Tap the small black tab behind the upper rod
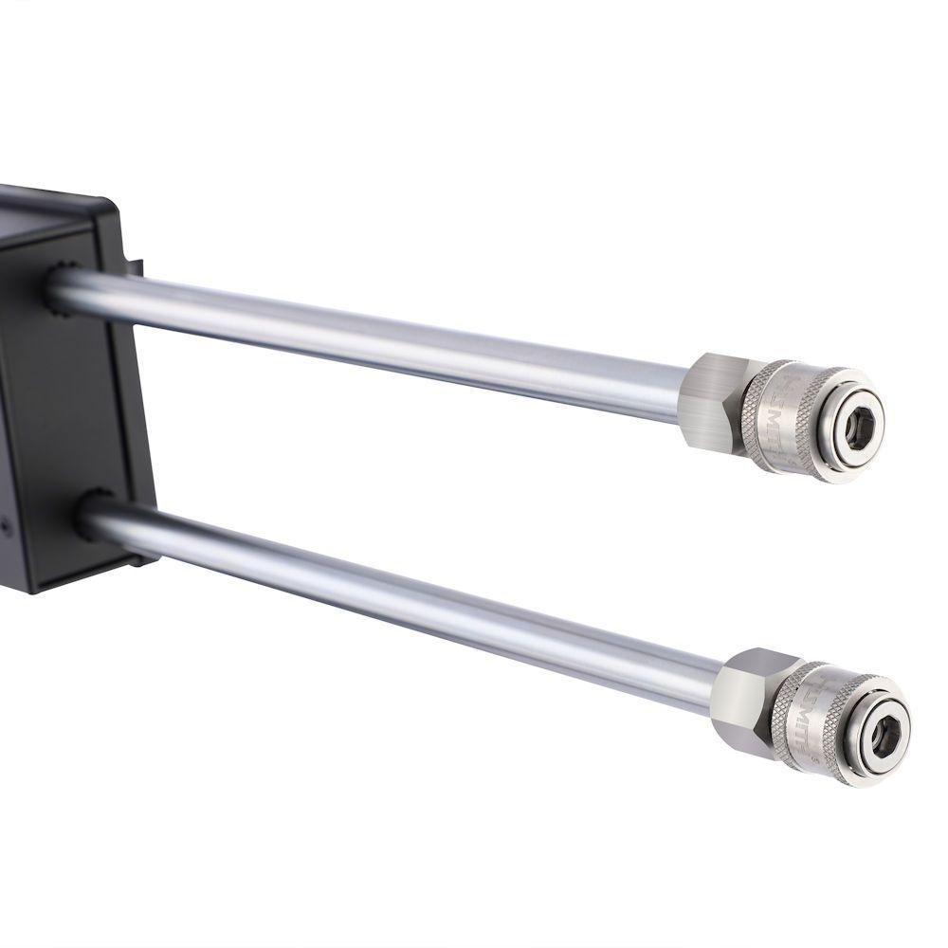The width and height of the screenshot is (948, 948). (x=136, y=268)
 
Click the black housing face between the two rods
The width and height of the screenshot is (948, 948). (x=76, y=398)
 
